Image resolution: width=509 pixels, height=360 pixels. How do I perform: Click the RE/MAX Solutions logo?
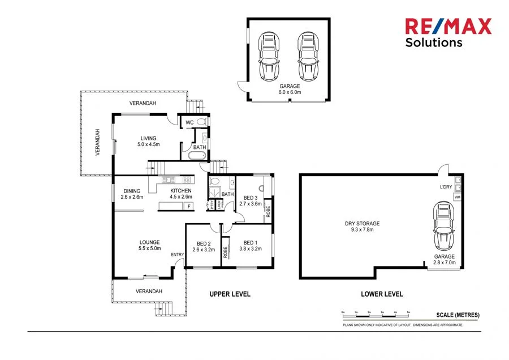pyautogui.click(x=448, y=32)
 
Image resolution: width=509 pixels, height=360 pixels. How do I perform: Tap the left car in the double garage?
pyautogui.click(x=269, y=57)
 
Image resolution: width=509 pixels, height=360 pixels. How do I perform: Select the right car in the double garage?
pyautogui.click(x=307, y=57)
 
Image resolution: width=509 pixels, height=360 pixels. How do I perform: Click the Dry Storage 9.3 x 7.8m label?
pyautogui.click(x=362, y=226)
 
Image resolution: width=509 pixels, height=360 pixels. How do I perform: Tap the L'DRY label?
pyautogui.click(x=446, y=187)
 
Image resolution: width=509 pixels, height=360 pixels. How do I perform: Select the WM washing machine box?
pyautogui.click(x=458, y=197)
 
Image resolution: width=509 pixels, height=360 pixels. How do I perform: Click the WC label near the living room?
pyautogui.click(x=189, y=122)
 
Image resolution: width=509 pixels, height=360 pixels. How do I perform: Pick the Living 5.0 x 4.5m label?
pyautogui.click(x=149, y=141)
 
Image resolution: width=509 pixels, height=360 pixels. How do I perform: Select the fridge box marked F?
pyautogui.click(x=189, y=207)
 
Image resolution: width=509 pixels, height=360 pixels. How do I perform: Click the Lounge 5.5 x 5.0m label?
pyautogui.click(x=150, y=245)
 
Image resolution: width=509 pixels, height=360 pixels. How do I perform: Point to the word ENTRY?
pyautogui.click(x=178, y=255)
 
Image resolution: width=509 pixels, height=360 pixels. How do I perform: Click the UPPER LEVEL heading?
pyautogui.click(x=230, y=294)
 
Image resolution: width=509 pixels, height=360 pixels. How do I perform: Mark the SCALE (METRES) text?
pyautogui.click(x=458, y=315)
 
